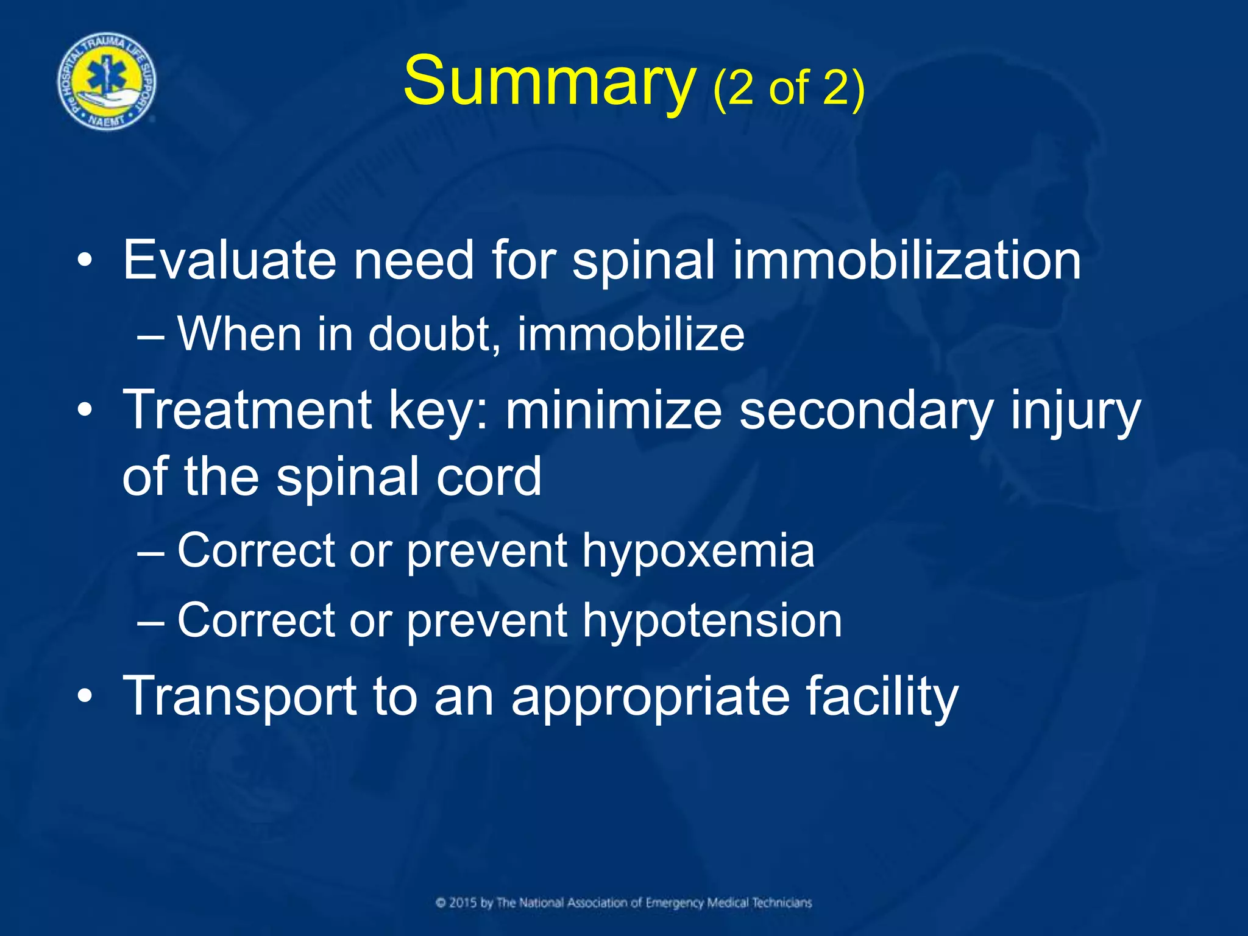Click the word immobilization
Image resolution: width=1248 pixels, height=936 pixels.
tap(906, 260)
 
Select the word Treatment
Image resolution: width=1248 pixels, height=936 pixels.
tap(247, 409)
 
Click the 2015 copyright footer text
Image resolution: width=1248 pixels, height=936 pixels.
tap(624, 902)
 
